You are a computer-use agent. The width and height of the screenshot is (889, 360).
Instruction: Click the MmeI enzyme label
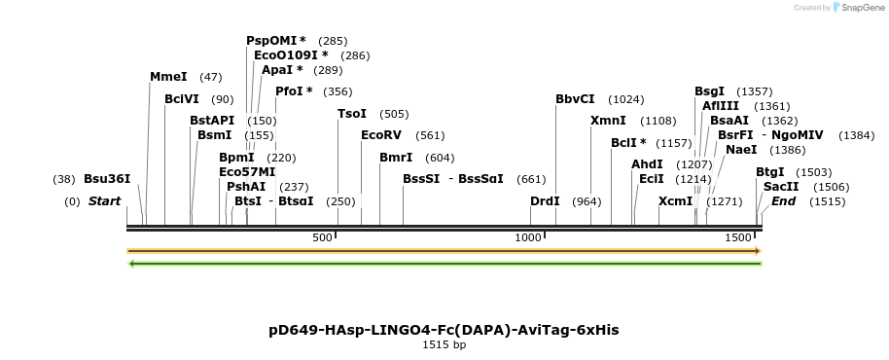pos(167,76)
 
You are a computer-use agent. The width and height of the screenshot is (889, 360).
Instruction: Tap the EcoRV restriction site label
pos(380,135)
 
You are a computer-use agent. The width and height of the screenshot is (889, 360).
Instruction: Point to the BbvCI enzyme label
pos(575,99)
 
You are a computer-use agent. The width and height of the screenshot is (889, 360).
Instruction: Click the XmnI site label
pos(608,121)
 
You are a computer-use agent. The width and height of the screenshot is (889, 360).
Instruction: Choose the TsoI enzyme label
pos(352,114)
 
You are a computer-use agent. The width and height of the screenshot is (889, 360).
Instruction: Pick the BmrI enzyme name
pos(396,157)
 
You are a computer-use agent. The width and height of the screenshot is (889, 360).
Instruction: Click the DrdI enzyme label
pos(545,201)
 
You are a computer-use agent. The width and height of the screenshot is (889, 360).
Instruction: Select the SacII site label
pos(781,187)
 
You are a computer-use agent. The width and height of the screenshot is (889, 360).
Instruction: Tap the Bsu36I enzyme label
pos(107,179)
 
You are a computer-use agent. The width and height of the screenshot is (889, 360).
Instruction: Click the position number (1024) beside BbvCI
pos(625,99)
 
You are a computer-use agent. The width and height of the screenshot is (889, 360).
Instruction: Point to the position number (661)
pos(531,179)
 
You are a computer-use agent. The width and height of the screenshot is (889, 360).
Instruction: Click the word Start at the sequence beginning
pos(105,201)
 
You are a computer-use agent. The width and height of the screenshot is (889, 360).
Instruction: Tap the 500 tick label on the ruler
pos(322,237)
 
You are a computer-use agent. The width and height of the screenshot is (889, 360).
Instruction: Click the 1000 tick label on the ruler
pos(528,237)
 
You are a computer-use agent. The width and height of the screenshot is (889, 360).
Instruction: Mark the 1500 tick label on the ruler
pos(738,237)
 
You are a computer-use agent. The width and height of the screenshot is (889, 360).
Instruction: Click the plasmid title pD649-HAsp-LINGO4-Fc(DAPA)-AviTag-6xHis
pos(444,330)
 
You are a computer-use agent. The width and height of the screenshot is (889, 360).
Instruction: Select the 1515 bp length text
pos(444,344)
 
